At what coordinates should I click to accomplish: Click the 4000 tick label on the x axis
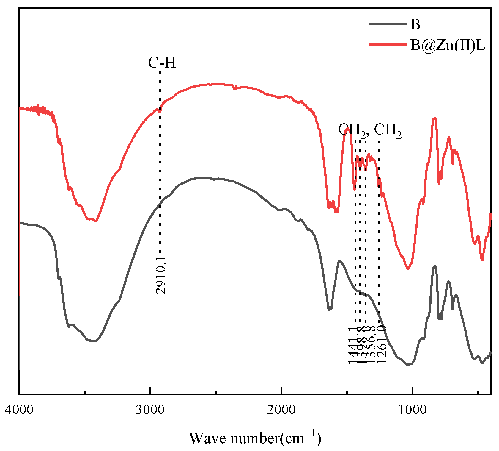[19, 410]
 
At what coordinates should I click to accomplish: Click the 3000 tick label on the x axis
[150, 410]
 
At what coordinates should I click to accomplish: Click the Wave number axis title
[255, 438]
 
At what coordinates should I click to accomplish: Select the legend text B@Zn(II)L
[448, 45]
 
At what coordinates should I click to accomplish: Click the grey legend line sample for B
[387, 24]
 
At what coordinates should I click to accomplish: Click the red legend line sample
[387, 45]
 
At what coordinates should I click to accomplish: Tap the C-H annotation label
[162, 63]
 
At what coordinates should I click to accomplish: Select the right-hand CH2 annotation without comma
[388, 130]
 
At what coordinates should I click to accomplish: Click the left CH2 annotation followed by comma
[353, 130]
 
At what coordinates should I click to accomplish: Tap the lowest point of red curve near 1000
[408, 269]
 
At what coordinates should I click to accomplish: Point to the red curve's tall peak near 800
[435, 118]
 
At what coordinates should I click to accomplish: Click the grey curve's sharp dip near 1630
[329, 310]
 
